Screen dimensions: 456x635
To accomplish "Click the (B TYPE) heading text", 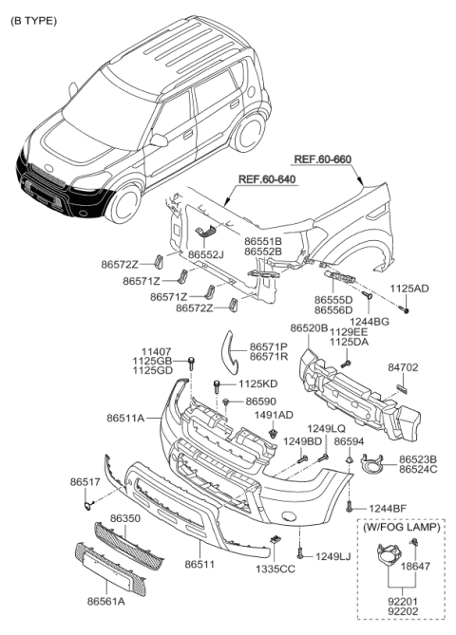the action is coord(33,21).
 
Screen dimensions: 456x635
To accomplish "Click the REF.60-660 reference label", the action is coord(323,159).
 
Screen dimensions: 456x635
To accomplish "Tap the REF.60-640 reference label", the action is coord(267,179).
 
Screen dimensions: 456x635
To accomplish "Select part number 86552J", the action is coord(206,254).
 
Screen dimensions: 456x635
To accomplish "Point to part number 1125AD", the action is coord(409,289).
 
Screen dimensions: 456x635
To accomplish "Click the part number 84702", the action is coord(403,367).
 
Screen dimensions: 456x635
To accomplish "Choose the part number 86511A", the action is coord(125,418).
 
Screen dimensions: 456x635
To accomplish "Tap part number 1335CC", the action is coord(275,569).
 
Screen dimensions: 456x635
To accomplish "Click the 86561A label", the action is coord(105,602).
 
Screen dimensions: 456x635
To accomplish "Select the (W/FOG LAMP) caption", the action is coord(401,527).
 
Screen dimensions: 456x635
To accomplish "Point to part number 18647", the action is coord(415,566).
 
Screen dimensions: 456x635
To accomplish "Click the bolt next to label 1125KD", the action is coord(218,386).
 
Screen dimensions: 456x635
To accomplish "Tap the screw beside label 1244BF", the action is coord(350,506).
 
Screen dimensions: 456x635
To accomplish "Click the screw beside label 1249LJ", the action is coord(300,552).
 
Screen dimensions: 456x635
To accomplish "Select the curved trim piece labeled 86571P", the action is coord(230,350).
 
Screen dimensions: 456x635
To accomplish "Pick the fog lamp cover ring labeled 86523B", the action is coord(372,464).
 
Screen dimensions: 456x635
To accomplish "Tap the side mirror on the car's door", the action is coord(159,140).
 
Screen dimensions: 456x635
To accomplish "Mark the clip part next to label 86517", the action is coord(88,505).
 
